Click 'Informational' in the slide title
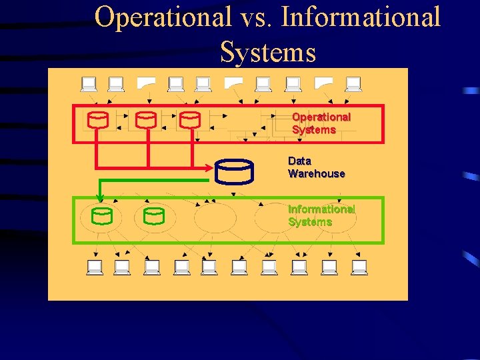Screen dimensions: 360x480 click(x=361, y=17)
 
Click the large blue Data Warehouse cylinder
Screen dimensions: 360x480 click(x=234, y=171)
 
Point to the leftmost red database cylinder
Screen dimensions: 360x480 click(x=98, y=120)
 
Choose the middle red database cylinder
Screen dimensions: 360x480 click(x=146, y=120)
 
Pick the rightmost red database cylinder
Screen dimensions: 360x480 click(x=190, y=120)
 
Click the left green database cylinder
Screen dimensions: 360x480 click(x=102, y=216)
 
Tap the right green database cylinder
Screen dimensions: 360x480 click(x=154, y=216)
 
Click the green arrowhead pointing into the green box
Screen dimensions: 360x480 click(x=99, y=197)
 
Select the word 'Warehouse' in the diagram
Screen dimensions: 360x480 click(x=317, y=173)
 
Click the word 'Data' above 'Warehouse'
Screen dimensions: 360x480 click(x=299, y=161)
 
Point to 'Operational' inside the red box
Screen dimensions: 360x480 click(x=321, y=117)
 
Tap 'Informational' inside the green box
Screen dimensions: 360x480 click(x=321, y=209)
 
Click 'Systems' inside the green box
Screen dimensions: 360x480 click(x=310, y=221)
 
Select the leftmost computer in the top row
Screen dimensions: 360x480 click(x=89, y=85)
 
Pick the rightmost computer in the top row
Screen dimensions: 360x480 click(x=353, y=85)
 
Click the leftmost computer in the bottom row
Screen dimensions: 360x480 click(x=95, y=267)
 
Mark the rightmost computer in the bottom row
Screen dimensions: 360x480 click(x=359, y=267)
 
